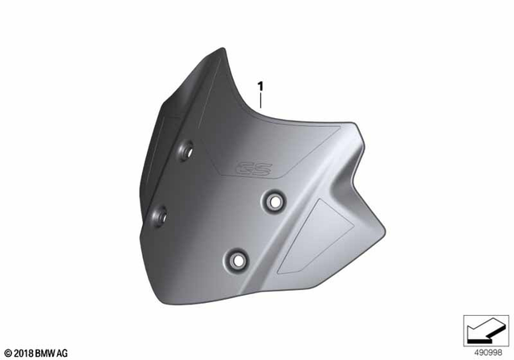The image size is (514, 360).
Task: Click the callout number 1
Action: tap(260, 84)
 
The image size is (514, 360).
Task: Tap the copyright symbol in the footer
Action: tap(8, 351)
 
